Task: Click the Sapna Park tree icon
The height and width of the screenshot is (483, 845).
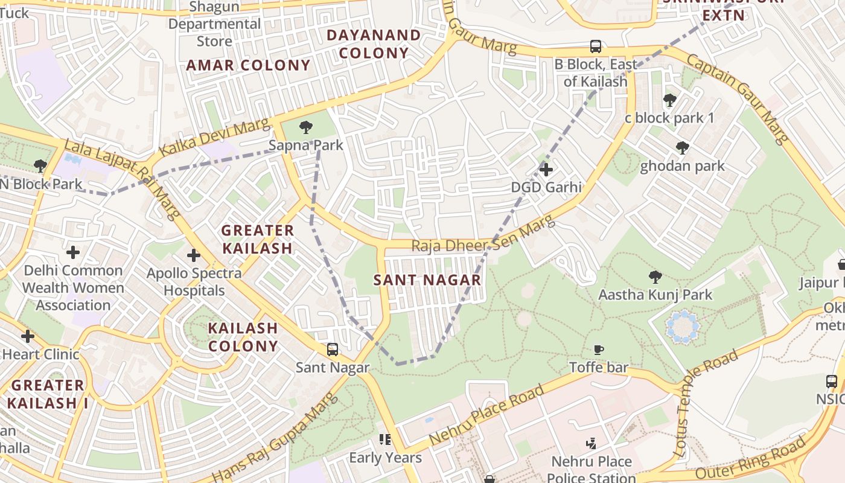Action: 306,127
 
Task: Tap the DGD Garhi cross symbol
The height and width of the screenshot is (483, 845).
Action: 546,170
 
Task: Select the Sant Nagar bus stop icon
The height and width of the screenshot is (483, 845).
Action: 333,349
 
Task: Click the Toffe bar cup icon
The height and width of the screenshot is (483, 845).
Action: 599,349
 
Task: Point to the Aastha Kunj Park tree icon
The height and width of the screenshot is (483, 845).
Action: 655,277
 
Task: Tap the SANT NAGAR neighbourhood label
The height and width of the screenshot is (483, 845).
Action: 427,280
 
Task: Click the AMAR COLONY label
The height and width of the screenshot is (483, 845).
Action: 248,65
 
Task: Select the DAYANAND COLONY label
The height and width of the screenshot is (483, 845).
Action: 374,44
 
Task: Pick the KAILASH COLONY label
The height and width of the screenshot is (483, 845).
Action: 243,337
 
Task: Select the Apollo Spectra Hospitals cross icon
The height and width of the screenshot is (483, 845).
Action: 194,255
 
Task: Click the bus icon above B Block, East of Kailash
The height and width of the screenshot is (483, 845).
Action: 596,46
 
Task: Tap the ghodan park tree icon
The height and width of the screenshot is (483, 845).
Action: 683,148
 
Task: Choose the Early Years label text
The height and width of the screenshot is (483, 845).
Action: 385,458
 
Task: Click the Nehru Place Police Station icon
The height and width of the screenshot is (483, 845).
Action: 591,444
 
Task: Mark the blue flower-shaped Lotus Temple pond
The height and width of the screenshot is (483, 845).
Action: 683,327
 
